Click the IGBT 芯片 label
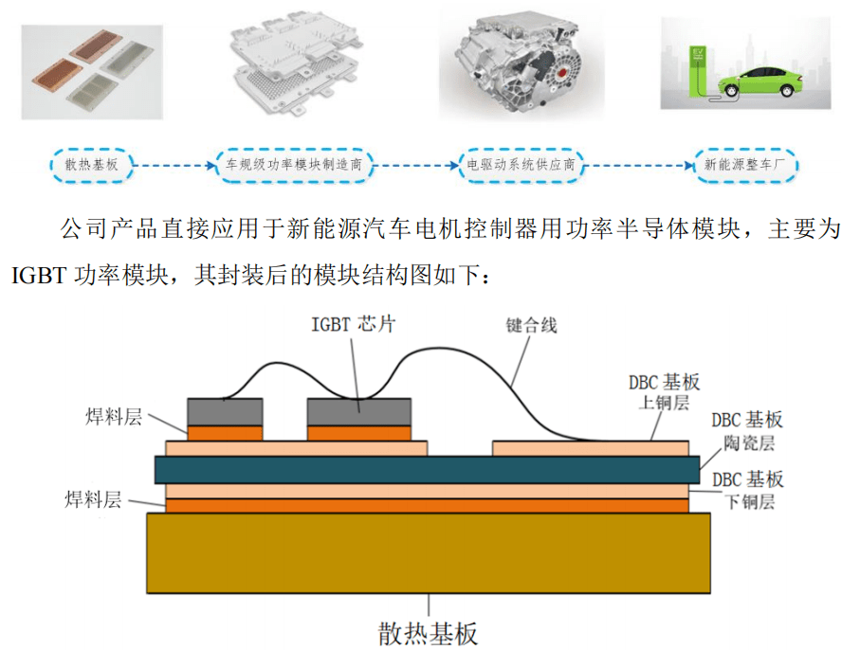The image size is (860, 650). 353,323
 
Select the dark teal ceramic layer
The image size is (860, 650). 427,469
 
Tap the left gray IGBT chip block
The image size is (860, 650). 225,411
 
